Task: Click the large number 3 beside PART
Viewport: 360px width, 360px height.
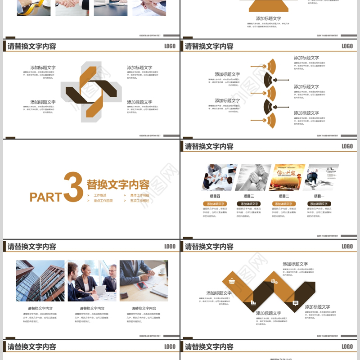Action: click(x=73, y=187)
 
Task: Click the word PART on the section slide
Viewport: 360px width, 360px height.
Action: click(x=45, y=197)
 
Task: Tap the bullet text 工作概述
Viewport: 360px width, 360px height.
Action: click(x=100, y=196)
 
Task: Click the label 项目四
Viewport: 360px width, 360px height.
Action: click(x=215, y=196)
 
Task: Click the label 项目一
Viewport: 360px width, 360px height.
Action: click(x=319, y=196)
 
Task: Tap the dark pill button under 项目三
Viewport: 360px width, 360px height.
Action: click(x=249, y=204)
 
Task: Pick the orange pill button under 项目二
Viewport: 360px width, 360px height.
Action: click(x=283, y=204)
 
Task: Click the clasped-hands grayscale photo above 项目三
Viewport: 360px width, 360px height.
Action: click(x=253, y=177)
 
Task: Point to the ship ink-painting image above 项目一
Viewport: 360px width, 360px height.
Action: click(x=321, y=177)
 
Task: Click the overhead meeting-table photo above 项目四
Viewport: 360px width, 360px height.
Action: click(x=219, y=177)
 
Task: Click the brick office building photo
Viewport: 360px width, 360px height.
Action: click(x=40, y=280)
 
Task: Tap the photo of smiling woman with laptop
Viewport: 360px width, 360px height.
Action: click(x=92, y=280)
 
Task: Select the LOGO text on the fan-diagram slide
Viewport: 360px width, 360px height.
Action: click(x=347, y=46)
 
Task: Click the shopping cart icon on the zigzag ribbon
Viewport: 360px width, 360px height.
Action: click(x=232, y=282)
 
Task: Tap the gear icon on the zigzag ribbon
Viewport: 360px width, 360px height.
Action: click(x=274, y=282)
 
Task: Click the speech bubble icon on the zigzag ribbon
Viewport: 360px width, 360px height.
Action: click(x=296, y=303)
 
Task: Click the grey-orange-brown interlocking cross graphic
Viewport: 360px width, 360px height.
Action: click(x=91, y=92)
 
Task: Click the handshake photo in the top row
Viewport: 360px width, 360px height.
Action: click(x=72, y=7)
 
